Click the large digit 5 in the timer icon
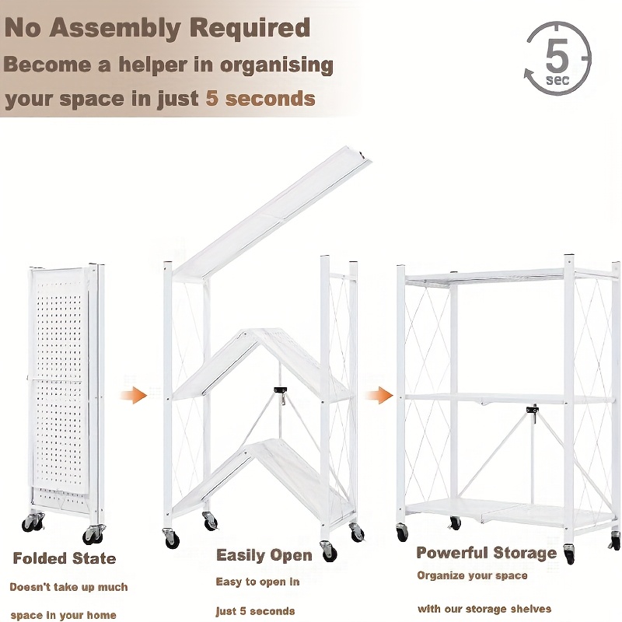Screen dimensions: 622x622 557,55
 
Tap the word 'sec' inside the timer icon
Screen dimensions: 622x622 557,80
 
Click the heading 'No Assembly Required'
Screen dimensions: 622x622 157,29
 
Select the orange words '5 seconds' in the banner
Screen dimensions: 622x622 260,99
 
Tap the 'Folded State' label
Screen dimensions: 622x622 65,558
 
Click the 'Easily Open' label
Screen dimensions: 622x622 264,555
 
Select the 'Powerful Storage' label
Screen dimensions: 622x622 487,553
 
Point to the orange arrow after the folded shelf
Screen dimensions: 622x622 133,395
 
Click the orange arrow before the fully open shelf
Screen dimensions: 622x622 379,395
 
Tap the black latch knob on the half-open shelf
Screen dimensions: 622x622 280,390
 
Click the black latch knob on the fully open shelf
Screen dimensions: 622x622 533,410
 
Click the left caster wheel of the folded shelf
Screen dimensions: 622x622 33,522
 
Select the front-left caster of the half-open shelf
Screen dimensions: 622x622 171,538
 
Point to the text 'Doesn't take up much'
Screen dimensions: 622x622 68,587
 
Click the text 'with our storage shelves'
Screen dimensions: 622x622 484,609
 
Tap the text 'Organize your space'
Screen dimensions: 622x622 472,575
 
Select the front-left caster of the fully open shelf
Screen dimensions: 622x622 401,532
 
